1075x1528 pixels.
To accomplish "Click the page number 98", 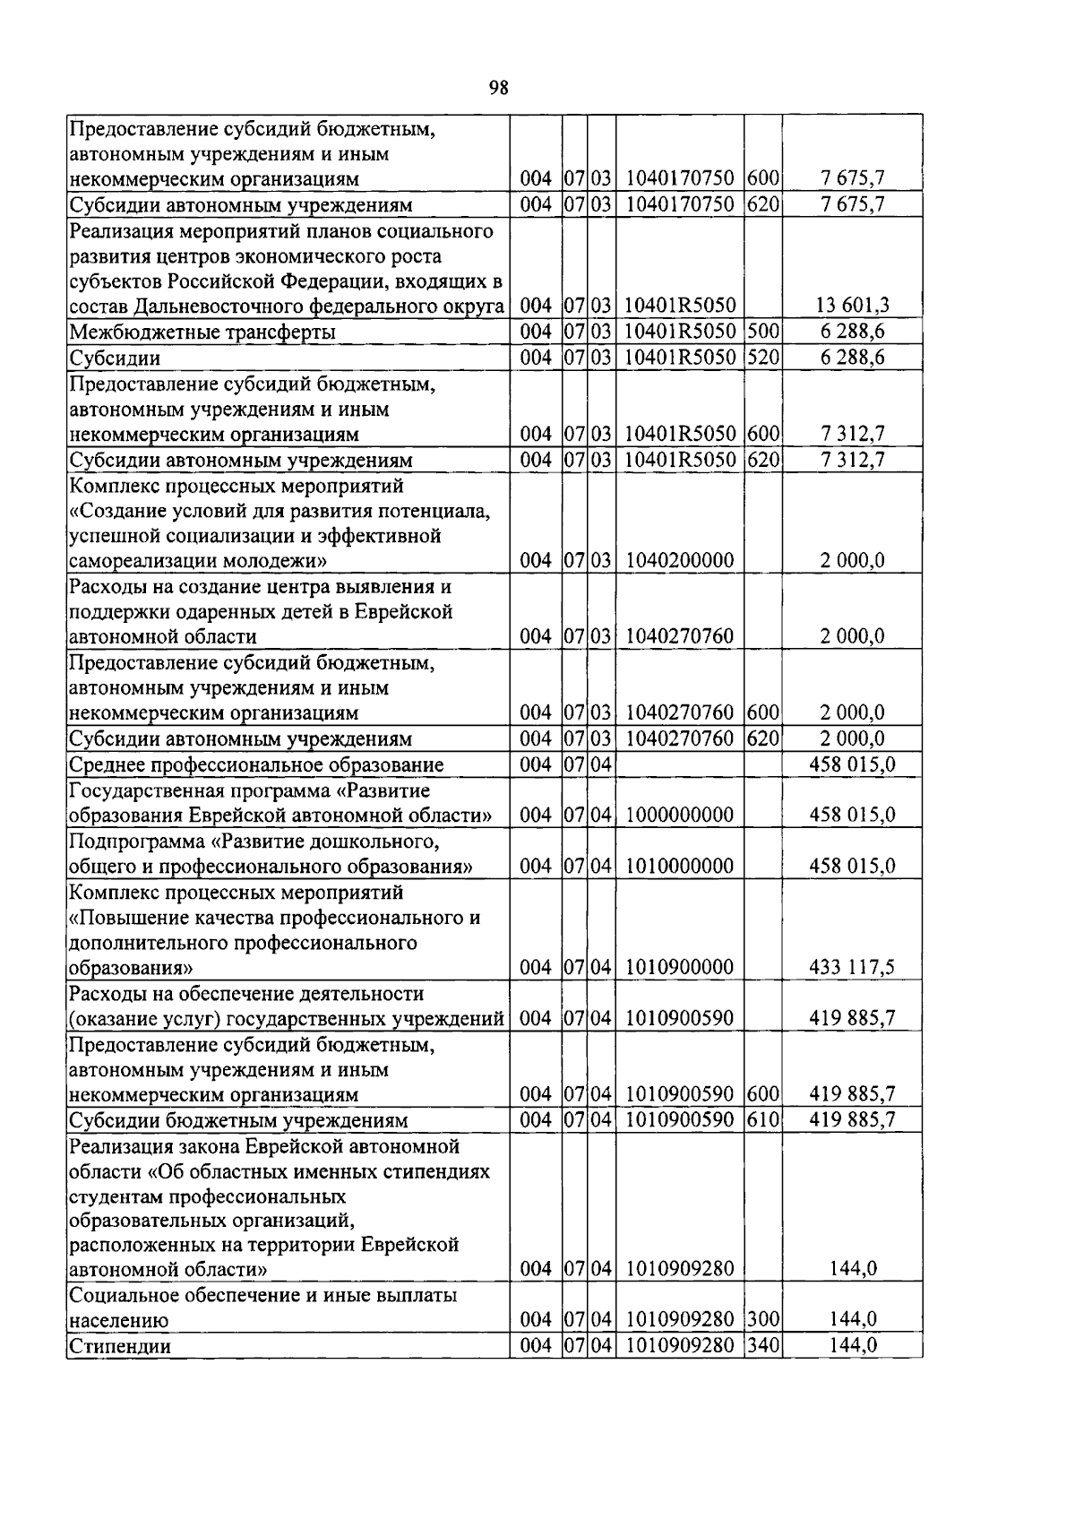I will pyautogui.click(x=499, y=87).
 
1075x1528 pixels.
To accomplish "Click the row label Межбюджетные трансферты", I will pyautogui.click(x=203, y=332).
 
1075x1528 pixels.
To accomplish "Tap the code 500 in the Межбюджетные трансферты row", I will pyautogui.click(x=762, y=332).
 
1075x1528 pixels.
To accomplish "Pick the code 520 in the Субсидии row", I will pyautogui.click(x=762, y=358).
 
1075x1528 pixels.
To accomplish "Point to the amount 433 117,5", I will pyautogui.click(x=852, y=967).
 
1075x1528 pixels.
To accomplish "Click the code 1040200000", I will pyautogui.click(x=680, y=561).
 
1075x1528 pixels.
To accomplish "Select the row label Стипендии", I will pyautogui.click(x=120, y=1346).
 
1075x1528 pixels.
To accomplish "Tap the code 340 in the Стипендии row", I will pyautogui.click(x=762, y=1345).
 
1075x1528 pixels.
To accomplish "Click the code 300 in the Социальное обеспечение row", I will pyautogui.click(x=762, y=1319).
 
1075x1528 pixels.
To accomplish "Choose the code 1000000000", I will pyautogui.click(x=680, y=816).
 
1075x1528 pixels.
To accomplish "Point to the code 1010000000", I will pyautogui.click(x=680, y=867).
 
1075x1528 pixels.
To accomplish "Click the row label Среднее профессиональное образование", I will pyautogui.click(x=256, y=765).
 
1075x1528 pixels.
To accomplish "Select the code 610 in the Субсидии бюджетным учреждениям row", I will pyautogui.click(x=762, y=1120).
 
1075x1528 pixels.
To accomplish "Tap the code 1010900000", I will pyautogui.click(x=680, y=967).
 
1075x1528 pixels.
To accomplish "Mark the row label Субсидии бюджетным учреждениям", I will pyautogui.click(x=238, y=1121).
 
